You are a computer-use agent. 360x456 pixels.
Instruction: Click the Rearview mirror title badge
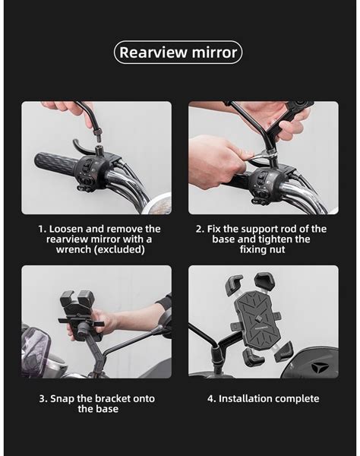pyautogui.click(x=178, y=52)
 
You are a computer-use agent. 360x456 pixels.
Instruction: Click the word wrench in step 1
pyautogui.click(x=74, y=249)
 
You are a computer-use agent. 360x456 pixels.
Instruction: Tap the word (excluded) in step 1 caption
pyautogui.click(x=119, y=249)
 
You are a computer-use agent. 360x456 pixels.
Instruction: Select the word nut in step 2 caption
pyautogui.click(x=276, y=249)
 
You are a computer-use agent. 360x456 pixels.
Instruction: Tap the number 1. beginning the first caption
pyautogui.click(x=43, y=229)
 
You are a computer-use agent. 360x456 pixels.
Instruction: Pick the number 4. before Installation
pyautogui.click(x=212, y=399)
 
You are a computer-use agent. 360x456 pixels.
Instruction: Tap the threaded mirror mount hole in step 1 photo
pyautogui.click(x=100, y=149)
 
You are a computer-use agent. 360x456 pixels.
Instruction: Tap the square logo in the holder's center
pyautogui.click(x=258, y=318)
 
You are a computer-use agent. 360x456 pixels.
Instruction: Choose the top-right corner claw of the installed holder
pyautogui.click(x=264, y=281)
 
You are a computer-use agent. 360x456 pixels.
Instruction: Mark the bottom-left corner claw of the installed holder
pyautogui.click(x=252, y=357)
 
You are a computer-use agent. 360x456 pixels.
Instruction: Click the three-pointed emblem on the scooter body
pyautogui.click(x=320, y=368)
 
